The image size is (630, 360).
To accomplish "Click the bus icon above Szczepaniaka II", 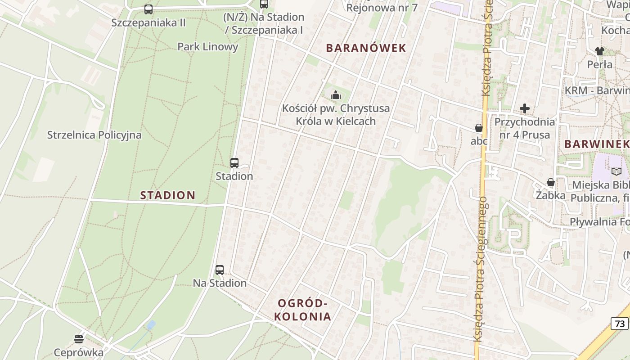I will [x=148, y=9].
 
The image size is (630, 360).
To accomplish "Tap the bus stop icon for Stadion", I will [x=234, y=163].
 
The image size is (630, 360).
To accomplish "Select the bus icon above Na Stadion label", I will [x=219, y=270].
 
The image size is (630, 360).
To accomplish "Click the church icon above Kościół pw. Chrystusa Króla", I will [x=335, y=95].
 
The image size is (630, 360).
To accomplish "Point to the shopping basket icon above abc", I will [x=479, y=128].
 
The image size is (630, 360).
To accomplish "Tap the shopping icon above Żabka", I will [x=550, y=182].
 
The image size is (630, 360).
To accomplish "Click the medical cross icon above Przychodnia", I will [x=524, y=108].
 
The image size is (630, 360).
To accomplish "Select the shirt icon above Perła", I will [x=599, y=51].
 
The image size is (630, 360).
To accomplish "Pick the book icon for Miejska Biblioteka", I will [x=616, y=171].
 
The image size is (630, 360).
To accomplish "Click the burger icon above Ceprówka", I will [x=79, y=339].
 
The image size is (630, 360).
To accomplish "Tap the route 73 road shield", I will [x=620, y=323].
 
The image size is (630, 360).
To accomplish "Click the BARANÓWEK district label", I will [x=366, y=48].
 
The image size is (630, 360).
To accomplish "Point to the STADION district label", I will [x=167, y=195].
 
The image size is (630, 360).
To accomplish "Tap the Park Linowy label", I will [x=207, y=47].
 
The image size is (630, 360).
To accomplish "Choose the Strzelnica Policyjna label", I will [x=94, y=135].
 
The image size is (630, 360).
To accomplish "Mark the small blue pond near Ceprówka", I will [x=151, y=325].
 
